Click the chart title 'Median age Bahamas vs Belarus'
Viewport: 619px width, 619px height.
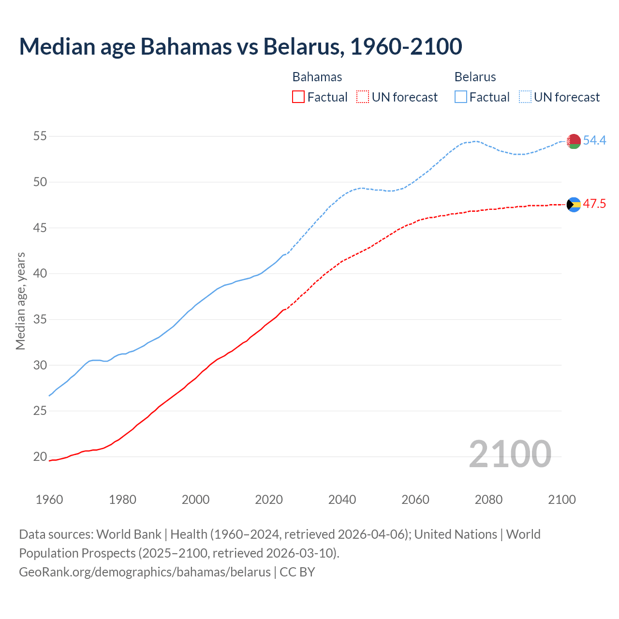pyautogui.click(x=240, y=46)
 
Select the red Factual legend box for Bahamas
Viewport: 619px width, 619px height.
pyautogui.click(x=298, y=97)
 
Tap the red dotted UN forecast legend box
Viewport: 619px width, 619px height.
pyautogui.click(x=363, y=97)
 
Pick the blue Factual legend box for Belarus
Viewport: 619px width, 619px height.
pyautogui.click(x=461, y=97)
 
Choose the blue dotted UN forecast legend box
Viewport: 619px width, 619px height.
pyautogui.click(x=525, y=97)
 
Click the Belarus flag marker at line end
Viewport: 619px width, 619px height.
pyautogui.click(x=574, y=141)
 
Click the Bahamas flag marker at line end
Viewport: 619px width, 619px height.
pyautogui.click(x=574, y=205)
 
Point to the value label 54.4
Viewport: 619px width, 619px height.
pyautogui.click(x=594, y=140)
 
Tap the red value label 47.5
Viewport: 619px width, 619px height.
pyautogui.click(x=594, y=204)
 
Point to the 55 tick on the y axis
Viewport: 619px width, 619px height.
pyautogui.click(x=40, y=136)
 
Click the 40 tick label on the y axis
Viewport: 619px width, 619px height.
pyautogui.click(x=40, y=274)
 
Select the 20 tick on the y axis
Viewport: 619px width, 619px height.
pyautogui.click(x=40, y=457)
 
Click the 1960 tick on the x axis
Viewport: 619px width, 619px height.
pyautogui.click(x=49, y=500)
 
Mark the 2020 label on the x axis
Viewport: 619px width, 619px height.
pyautogui.click(x=269, y=500)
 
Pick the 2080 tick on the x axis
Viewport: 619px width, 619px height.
pyautogui.click(x=488, y=500)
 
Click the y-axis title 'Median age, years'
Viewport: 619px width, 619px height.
pyautogui.click(x=20, y=301)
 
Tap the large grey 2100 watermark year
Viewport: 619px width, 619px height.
pyautogui.click(x=510, y=454)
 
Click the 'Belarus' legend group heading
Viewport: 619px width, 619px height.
pyautogui.click(x=475, y=77)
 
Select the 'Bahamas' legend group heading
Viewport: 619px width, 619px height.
pyautogui.click(x=317, y=77)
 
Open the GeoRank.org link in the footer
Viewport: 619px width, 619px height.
pyautogui.click(x=145, y=572)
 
